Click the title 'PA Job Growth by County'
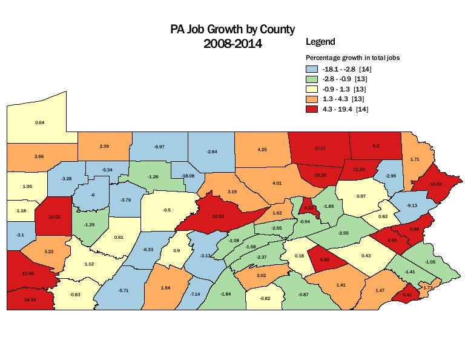pyautogui.click(x=232, y=29)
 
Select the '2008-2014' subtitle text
pyautogui.click(x=232, y=44)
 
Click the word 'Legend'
pyautogui.click(x=320, y=42)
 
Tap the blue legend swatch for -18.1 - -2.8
pyautogui.click(x=312, y=69)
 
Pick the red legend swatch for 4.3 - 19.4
pyautogui.click(x=312, y=109)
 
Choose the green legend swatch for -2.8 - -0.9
pyautogui.click(x=312, y=79)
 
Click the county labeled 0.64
pyautogui.click(x=40, y=122)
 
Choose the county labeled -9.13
pyautogui.click(x=411, y=205)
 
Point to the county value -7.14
pyautogui.click(x=195, y=294)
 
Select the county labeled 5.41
pyautogui.click(x=407, y=295)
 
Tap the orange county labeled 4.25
pyautogui.click(x=262, y=148)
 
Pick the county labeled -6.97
pyautogui.click(x=160, y=147)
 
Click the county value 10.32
pyautogui.click(x=435, y=184)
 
